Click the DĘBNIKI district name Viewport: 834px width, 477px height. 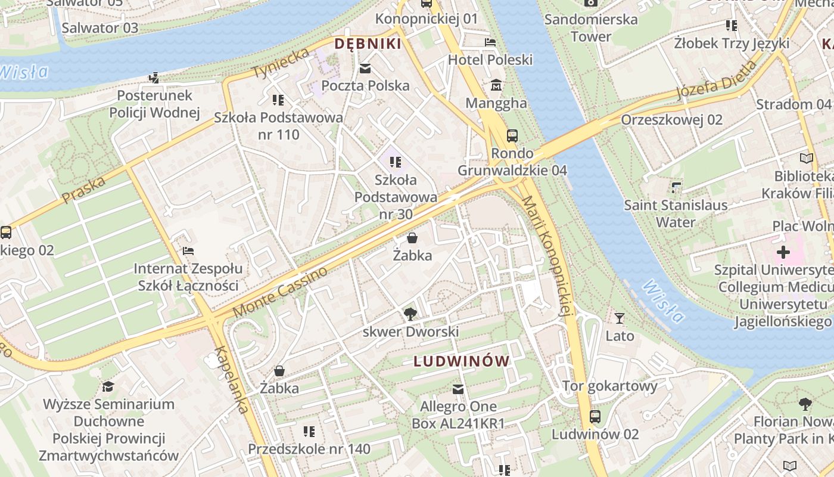pyautogui.click(x=368, y=44)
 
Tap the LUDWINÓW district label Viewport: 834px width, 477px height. pyautogui.click(x=462, y=361)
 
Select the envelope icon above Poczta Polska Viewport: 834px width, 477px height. pyautogui.click(x=365, y=69)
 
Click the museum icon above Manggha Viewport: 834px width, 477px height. pyautogui.click(x=496, y=86)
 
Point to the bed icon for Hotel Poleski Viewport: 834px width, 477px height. pyautogui.click(x=490, y=42)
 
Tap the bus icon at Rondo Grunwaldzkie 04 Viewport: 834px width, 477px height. pyautogui.click(x=512, y=136)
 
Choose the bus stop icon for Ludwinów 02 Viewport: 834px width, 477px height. pyautogui.click(x=595, y=417)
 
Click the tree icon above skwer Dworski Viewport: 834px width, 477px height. pyautogui.click(x=410, y=314)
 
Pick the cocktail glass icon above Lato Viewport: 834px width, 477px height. pyautogui.click(x=620, y=318)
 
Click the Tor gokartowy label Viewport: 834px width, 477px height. pyautogui.click(x=609, y=386)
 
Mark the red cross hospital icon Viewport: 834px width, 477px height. pyautogui.click(x=783, y=252)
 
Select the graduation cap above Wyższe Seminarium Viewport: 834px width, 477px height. pyautogui.click(x=108, y=386)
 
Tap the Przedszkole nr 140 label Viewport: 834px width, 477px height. pyautogui.click(x=309, y=448)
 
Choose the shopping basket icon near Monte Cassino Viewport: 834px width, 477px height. pyautogui.click(x=412, y=238)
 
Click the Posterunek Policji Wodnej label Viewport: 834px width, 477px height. pyautogui.click(x=154, y=104)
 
